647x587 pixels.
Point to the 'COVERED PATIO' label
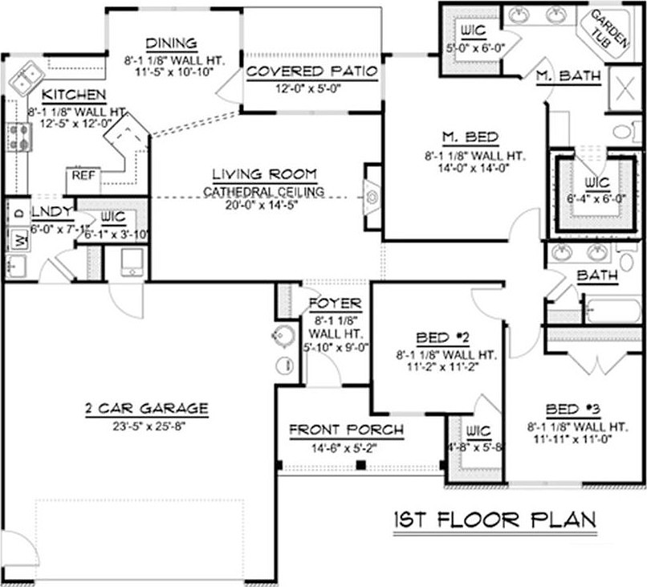point(311,71)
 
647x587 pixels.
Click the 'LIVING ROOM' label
point(264,174)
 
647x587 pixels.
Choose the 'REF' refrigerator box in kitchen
point(83,175)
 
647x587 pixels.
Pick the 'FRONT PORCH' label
point(346,430)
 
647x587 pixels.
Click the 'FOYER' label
point(335,304)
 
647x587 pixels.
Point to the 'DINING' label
point(173,44)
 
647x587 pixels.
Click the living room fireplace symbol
point(372,195)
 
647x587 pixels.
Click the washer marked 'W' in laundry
point(18,238)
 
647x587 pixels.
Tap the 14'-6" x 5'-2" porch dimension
point(346,446)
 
